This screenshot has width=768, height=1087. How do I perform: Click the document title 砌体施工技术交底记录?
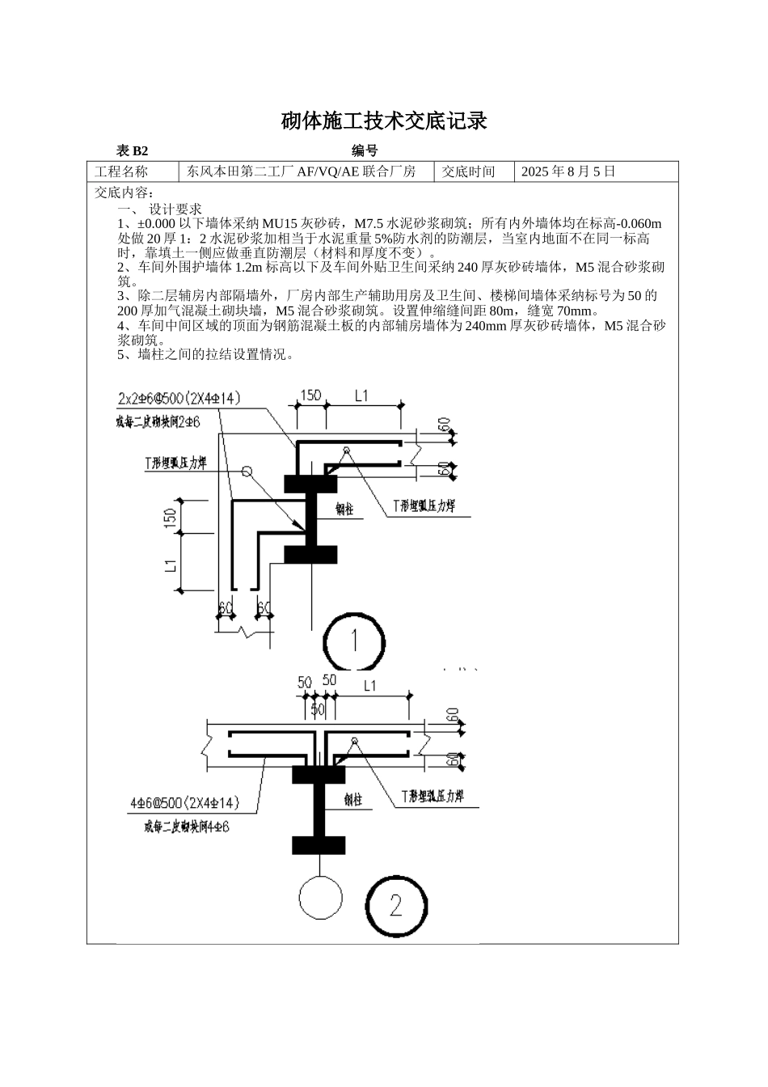pos(384,121)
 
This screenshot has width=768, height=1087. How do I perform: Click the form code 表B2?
pos(133,151)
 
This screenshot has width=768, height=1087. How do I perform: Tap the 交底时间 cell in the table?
pos(468,171)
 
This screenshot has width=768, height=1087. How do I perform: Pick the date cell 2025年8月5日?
pos(568,171)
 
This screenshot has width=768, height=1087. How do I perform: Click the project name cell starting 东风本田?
pos(302,171)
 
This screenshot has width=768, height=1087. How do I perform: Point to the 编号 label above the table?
pos(365,151)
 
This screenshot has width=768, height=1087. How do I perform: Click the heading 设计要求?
pos(175,209)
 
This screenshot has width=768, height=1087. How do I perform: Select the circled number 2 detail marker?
pos(395,905)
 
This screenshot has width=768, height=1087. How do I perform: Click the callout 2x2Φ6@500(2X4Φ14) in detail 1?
pos(179,398)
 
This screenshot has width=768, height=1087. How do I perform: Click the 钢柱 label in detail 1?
pos(344,510)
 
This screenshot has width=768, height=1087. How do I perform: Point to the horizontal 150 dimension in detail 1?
pos(310,396)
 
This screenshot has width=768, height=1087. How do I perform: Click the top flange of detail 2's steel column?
pos(319,774)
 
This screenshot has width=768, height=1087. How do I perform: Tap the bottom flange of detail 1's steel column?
pos(310,555)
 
